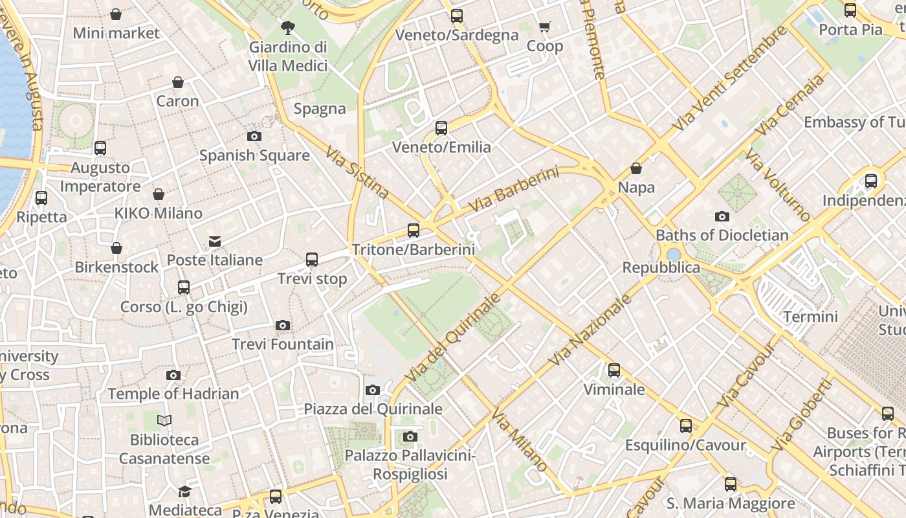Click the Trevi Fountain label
pyautogui.click(x=283, y=344)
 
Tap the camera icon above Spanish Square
pyautogui.click(x=254, y=136)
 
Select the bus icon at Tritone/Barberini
pyautogui.click(x=413, y=230)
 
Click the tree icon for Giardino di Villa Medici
pyautogui.click(x=288, y=27)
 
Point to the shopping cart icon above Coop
pyautogui.click(x=544, y=27)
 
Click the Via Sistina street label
pyautogui.click(x=357, y=172)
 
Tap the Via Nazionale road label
pyautogui.click(x=590, y=330)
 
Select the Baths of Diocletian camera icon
pyautogui.click(x=722, y=216)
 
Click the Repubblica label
pyautogui.click(x=661, y=267)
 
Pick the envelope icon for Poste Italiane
pyautogui.click(x=215, y=242)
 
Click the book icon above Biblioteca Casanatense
pyautogui.click(x=164, y=421)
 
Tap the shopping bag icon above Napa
pyautogui.click(x=636, y=168)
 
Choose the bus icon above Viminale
pyautogui.click(x=613, y=370)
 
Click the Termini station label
pyautogui.click(x=810, y=317)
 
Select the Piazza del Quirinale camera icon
pyautogui.click(x=373, y=390)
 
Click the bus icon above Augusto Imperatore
pyautogui.click(x=100, y=148)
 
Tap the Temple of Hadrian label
pyautogui.click(x=173, y=394)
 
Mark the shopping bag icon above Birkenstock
pyautogui.click(x=116, y=248)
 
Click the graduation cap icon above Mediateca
pyautogui.click(x=185, y=491)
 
